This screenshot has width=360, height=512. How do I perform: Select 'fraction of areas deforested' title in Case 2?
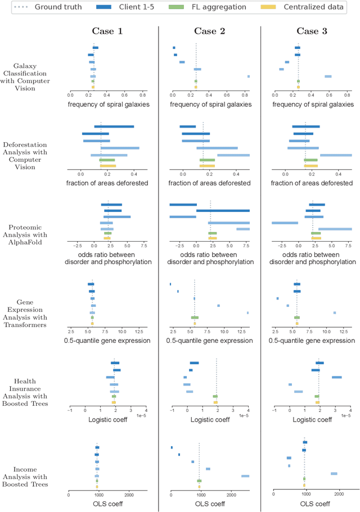pos(210,183)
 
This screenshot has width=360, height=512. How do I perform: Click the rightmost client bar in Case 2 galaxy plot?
pos(249,76)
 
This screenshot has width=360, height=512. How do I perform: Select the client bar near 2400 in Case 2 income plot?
pos(245,476)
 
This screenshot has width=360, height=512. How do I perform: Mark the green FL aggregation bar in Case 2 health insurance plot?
pos(215,396)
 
